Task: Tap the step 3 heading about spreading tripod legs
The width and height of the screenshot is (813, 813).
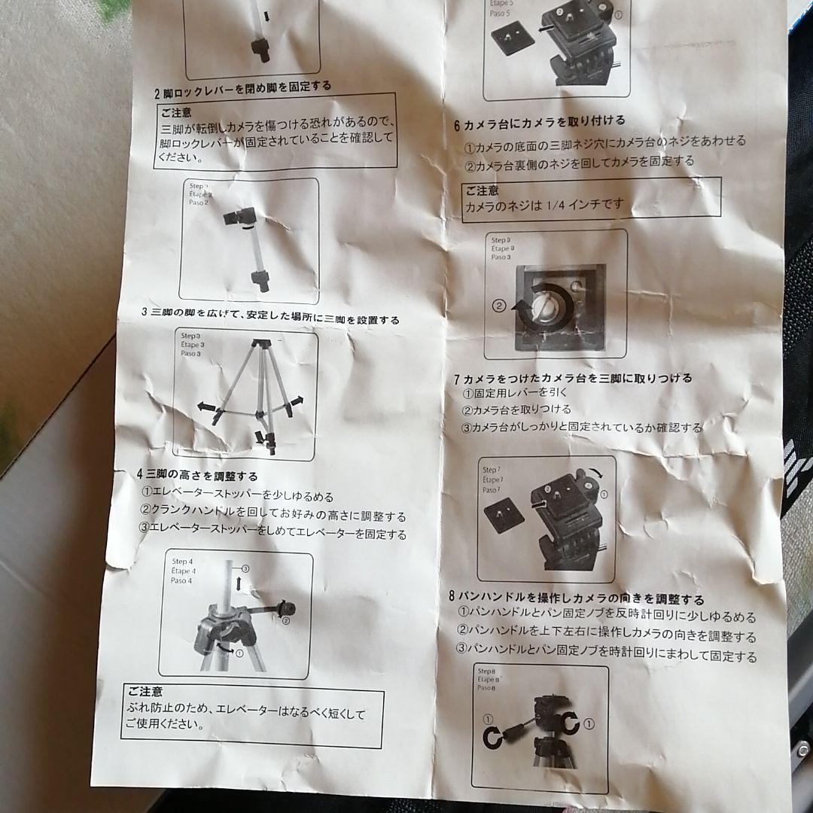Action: [x=270, y=315]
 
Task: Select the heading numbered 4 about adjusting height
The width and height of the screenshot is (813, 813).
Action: [x=197, y=475]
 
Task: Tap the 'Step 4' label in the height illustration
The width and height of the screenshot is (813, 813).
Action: [x=182, y=562]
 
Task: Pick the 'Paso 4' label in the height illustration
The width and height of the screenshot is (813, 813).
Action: [x=181, y=580]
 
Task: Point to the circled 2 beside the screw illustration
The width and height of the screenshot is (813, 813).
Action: [x=498, y=306]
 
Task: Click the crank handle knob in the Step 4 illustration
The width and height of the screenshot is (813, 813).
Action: [x=285, y=608]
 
